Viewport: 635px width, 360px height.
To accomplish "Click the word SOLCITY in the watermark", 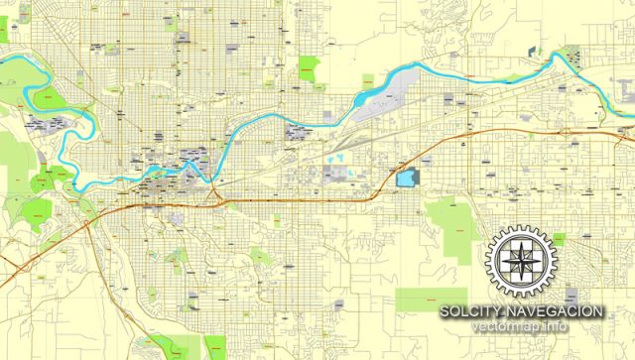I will pyautogui.click(x=473, y=311).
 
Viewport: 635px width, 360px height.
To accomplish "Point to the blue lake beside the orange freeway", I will pyautogui.click(x=406, y=178).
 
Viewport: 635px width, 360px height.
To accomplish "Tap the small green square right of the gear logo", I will pyautogui.click(x=559, y=238).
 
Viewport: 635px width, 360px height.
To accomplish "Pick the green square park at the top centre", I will pyautogui.click(x=311, y=69).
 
